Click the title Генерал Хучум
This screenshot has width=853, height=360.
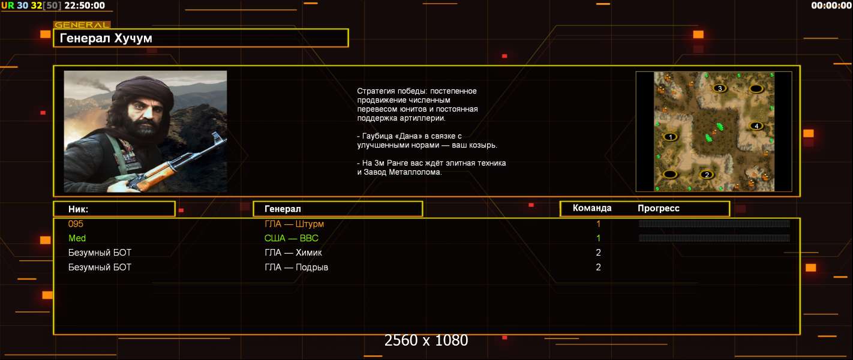(x=106, y=38)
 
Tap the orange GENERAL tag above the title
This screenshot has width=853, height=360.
(x=82, y=25)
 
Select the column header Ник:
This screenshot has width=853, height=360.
(x=78, y=209)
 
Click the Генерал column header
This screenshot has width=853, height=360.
(x=283, y=209)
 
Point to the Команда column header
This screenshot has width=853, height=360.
(x=592, y=208)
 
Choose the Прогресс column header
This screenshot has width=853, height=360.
(x=659, y=208)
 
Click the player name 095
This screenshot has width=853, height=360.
(x=76, y=224)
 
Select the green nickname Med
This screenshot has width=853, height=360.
(x=77, y=238)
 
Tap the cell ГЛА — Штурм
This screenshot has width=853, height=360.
(x=294, y=224)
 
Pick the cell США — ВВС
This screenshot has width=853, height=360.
(x=292, y=238)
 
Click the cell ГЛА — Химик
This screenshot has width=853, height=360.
(x=293, y=253)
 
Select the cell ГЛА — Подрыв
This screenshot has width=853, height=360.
(x=296, y=267)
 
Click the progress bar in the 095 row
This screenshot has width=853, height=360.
(x=714, y=224)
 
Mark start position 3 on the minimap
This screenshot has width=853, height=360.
(x=719, y=88)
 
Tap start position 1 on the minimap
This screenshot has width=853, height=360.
(x=670, y=137)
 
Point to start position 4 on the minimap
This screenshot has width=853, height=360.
(x=756, y=126)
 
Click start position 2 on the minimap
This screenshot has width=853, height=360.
(x=707, y=175)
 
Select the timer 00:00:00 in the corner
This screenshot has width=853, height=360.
(x=831, y=5)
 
